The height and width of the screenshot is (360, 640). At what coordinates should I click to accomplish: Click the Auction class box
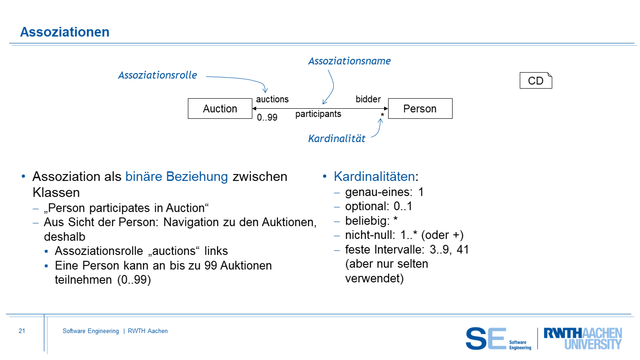tap(220, 109)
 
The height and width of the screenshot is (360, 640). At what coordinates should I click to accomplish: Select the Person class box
tap(420, 109)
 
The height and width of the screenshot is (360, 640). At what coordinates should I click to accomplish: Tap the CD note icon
tap(536, 81)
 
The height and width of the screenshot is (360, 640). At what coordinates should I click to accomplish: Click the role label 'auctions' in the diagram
tap(272, 99)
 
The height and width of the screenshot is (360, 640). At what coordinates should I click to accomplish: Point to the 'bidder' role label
tap(368, 99)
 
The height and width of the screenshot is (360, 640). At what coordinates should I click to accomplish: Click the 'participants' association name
tap(318, 114)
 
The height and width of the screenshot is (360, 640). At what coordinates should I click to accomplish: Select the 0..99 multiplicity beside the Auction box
tap(267, 118)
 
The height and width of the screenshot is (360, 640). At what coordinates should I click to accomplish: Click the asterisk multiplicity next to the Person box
tap(382, 116)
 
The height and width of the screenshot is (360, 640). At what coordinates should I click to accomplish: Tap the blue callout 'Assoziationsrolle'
tap(158, 75)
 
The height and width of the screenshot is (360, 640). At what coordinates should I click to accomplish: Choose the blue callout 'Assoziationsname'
tap(350, 61)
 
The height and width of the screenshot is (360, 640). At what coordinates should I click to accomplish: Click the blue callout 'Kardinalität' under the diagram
tap(337, 139)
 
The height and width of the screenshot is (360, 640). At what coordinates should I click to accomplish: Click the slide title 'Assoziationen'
tap(65, 32)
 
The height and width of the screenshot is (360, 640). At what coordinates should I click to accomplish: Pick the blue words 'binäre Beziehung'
tap(176, 177)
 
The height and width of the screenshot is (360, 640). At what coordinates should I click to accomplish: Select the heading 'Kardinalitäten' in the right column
tap(374, 177)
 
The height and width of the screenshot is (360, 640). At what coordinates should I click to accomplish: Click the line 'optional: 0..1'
tap(379, 206)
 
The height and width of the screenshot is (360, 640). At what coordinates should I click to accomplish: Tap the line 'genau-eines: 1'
tap(384, 192)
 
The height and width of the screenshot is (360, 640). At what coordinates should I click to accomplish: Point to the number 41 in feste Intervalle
tap(463, 250)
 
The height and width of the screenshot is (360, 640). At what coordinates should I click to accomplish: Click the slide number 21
tap(22, 331)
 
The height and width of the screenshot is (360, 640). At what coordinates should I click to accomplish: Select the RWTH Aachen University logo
tap(582, 338)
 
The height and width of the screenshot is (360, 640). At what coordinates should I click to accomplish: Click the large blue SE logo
tap(486, 339)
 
